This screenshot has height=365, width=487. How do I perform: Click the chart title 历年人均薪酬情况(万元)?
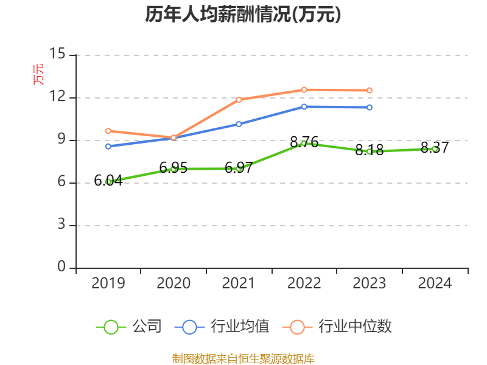tap(243, 15)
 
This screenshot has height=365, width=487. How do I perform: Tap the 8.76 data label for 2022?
tap(304, 142)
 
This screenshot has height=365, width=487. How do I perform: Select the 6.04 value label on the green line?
tap(108, 180)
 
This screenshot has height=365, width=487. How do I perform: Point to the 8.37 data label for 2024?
tap(435, 147)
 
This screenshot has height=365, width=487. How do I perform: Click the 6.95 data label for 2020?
tap(173, 167)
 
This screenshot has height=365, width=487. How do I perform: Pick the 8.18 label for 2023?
tap(370, 150)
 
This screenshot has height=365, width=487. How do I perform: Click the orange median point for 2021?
tap(239, 100)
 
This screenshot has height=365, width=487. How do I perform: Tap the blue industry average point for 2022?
tap(304, 107)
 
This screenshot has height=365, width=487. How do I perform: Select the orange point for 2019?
tap(108, 131)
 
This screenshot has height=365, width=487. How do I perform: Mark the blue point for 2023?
tap(370, 108)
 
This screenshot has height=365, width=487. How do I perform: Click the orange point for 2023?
tap(370, 91)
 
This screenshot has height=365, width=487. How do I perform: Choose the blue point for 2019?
tap(108, 146)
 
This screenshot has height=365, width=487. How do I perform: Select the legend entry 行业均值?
tap(222, 327)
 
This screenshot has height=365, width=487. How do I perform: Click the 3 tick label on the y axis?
tap(61, 226)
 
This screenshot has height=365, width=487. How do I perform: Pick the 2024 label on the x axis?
tap(435, 283)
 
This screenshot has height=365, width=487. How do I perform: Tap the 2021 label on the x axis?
tap(239, 283)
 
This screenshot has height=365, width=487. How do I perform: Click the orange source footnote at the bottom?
tap(243, 358)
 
